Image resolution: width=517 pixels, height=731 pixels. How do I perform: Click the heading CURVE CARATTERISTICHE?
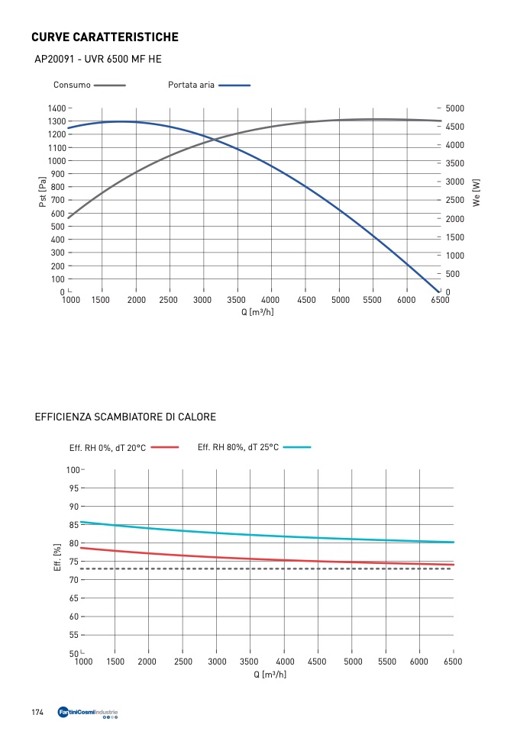105,37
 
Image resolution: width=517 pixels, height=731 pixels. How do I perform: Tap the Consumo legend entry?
72,85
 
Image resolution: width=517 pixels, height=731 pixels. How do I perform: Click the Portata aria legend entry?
191,85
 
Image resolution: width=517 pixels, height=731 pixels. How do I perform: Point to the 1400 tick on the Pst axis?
56,108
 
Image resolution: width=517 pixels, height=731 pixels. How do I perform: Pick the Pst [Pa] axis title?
44,192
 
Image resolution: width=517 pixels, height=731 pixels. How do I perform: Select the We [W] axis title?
477,192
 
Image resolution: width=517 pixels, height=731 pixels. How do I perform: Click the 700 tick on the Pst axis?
58,200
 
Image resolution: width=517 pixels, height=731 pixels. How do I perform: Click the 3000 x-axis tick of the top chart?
202,301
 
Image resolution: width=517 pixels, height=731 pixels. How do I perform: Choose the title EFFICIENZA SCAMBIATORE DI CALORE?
125,417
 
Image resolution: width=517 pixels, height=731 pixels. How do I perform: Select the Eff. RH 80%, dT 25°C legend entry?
237,447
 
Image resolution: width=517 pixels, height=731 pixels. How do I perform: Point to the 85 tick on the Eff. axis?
74,525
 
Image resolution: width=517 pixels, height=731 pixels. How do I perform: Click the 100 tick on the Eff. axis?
73,470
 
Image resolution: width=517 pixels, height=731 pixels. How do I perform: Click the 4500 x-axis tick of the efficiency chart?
317,662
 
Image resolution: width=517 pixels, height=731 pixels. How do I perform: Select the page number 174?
37,713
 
